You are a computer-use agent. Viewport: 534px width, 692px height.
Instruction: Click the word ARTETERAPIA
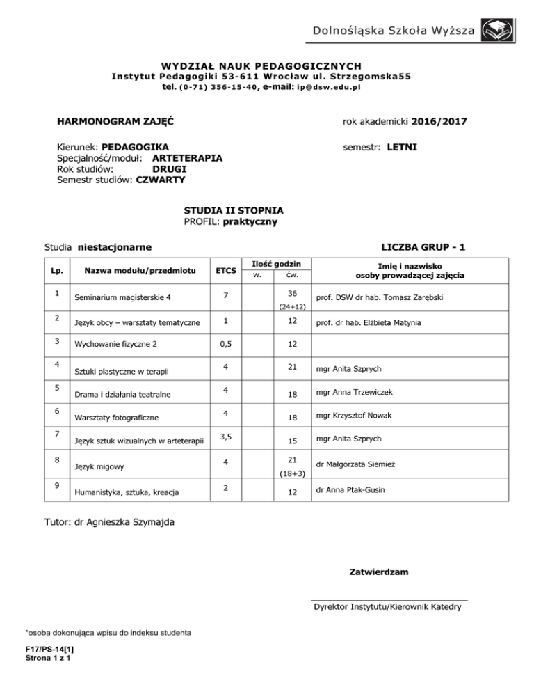tap(187, 158)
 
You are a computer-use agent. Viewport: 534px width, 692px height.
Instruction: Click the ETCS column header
tap(225, 270)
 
